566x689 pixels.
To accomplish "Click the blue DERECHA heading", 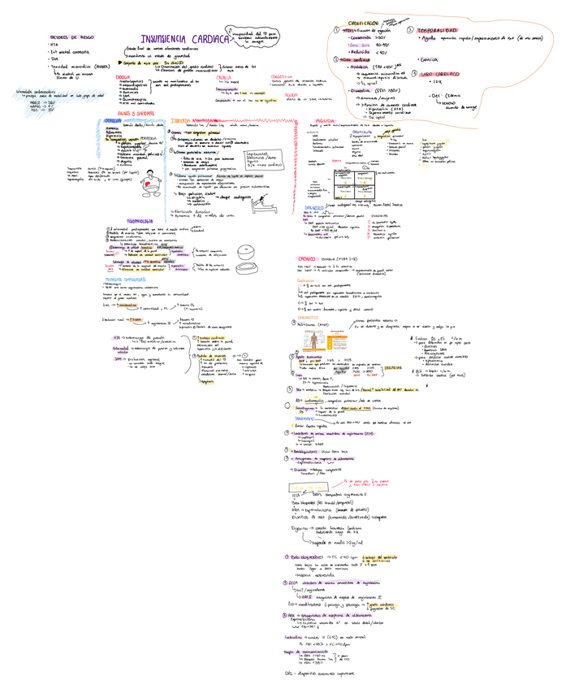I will [x=113, y=121].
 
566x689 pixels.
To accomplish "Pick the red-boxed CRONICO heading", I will [x=305, y=259].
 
